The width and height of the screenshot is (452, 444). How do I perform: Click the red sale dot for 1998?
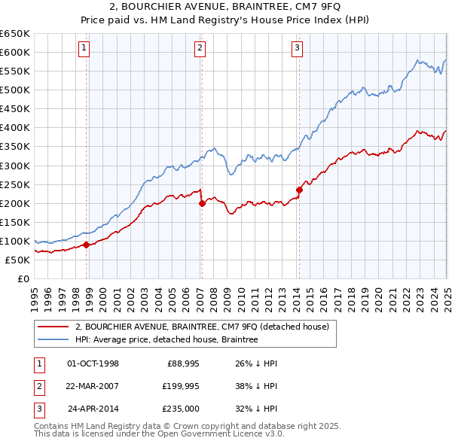tap(86, 245)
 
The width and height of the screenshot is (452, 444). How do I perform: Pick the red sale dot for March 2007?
tap(202, 203)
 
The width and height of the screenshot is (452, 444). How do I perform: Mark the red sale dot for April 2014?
tap(299, 190)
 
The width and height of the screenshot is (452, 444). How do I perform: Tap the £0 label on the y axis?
tap(22, 278)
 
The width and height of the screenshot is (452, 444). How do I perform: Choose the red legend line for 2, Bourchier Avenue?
tap(54, 327)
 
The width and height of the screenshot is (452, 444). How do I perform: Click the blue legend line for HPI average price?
tap(54, 339)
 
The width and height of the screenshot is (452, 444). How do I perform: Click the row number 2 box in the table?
tap(38, 387)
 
